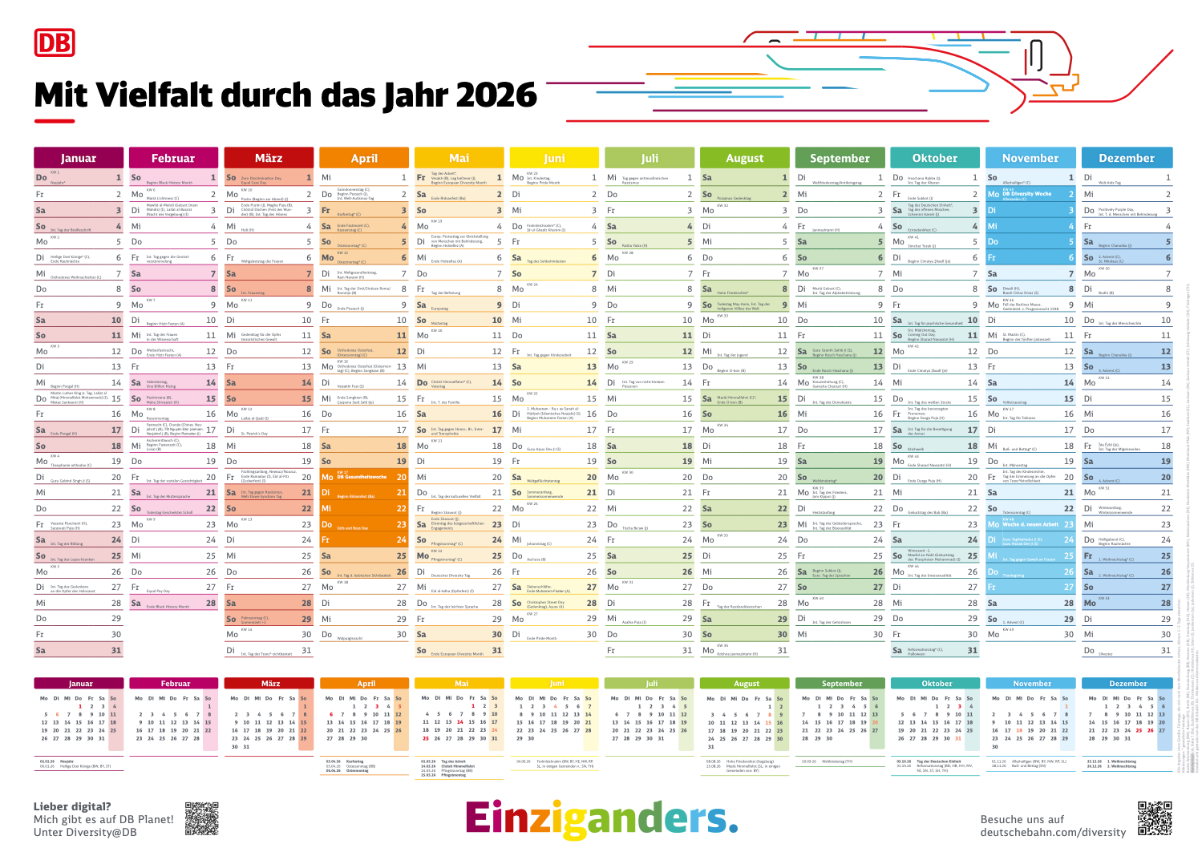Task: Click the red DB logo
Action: (x=55, y=42)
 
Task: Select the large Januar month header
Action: (x=78, y=158)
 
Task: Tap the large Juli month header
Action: (x=650, y=158)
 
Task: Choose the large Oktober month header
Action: (x=935, y=158)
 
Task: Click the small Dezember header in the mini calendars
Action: (x=1127, y=684)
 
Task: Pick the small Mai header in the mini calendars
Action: (x=461, y=684)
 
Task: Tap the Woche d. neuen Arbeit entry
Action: (x=1030, y=524)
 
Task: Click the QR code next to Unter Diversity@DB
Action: (x=201, y=819)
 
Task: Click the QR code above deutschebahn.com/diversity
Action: (x=1155, y=817)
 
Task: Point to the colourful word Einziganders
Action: (x=601, y=818)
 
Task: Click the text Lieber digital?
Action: (x=72, y=807)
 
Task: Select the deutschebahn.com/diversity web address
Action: (x=1053, y=833)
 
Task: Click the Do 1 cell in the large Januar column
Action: (x=78, y=178)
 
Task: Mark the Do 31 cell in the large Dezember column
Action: (x=1127, y=650)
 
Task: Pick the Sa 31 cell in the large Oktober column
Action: (x=935, y=650)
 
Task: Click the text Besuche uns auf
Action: (x=1022, y=820)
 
